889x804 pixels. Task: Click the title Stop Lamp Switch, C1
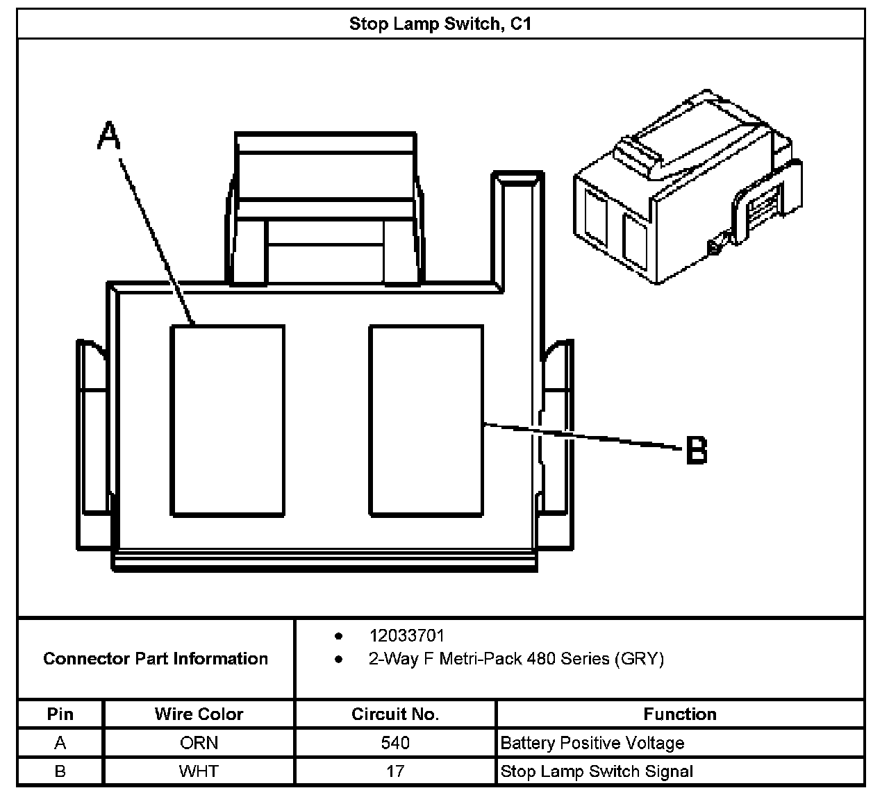pyautogui.click(x=440, y=24)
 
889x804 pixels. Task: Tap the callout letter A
pyautogui.click(x=109, y=135)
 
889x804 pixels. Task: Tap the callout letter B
pyautogui.click(x=696, y=450)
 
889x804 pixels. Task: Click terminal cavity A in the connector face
pyautogui.click(x=228, y=421)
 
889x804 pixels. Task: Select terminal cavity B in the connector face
pyautogui.click(x=426, y=421)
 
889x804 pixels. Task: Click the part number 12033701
pyautogui.click(x=406, y=635)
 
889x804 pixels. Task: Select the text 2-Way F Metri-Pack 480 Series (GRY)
pyautogui.click(x=516, y=658)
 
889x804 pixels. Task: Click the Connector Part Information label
pyautogui.click(x=156, y=658)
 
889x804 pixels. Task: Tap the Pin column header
pyautogui.click(x=60, y=714)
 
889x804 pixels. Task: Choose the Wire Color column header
pyautogui.click(x=199, y=714)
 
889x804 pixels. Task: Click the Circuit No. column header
pyautogui.click(x=394, y=714)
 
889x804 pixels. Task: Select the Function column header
pyautogui.click(x=679, y=714)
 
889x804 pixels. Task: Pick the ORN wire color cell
pyautogui.click(x=199, y=743)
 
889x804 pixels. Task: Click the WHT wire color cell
pyautogui.click(x=199, y=771)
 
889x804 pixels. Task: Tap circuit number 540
pyautogui.click(x=394, y=743)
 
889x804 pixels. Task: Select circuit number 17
pyautogui.click(x=394, y=771)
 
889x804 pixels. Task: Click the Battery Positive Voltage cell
pyautogui.click(x=592, y=743)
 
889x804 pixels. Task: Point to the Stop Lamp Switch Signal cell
pyautogui.click(x=597, y=771)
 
